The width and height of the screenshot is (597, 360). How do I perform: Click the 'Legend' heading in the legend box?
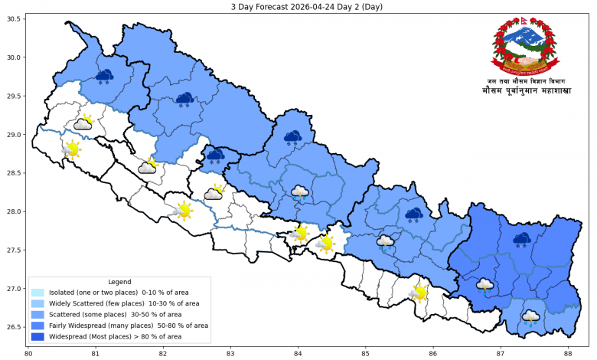pyautogui.click(x=119, y=282)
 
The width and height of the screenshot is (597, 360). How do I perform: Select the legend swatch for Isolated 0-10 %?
pyautogui.click(x=38, y=293)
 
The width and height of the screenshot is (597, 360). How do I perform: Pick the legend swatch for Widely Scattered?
pyautogui.click(x=38, y=303)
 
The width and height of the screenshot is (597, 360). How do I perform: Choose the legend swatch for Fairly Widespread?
pyautogui.click(x=38, y=326)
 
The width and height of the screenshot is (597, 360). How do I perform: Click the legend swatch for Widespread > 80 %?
pyautogui.click(x=38, y=336)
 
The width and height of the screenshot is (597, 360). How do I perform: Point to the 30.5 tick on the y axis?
pyautogui.click(x=15, y=18)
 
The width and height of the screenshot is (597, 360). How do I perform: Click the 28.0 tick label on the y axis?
pyautogui.click(x=15, y=211)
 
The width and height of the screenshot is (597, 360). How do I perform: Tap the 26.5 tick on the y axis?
pyautogui.click(x=15, y=327)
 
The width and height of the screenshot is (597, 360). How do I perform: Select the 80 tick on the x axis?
pyautogui.click(x=28, y=353)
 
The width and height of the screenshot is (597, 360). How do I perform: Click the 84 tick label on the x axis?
pyautogui.click(x=298, y=353)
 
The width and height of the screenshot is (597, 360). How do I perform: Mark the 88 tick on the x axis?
pyautogui.click(x=568, y=353)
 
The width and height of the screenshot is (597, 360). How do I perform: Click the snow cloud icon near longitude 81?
pyautogui.click(x=104, y=76)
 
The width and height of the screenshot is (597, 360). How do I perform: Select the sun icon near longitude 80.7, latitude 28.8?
pyautogui.click(x=72, y=149)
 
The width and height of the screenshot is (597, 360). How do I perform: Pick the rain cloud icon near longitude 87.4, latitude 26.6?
pyautogui.click(x=530, y=316)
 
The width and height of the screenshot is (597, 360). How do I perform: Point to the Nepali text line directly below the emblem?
pyautogui.click(x=525, y=80)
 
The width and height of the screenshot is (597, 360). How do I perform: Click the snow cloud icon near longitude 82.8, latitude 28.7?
pyautogui.click(x=215, y=156)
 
